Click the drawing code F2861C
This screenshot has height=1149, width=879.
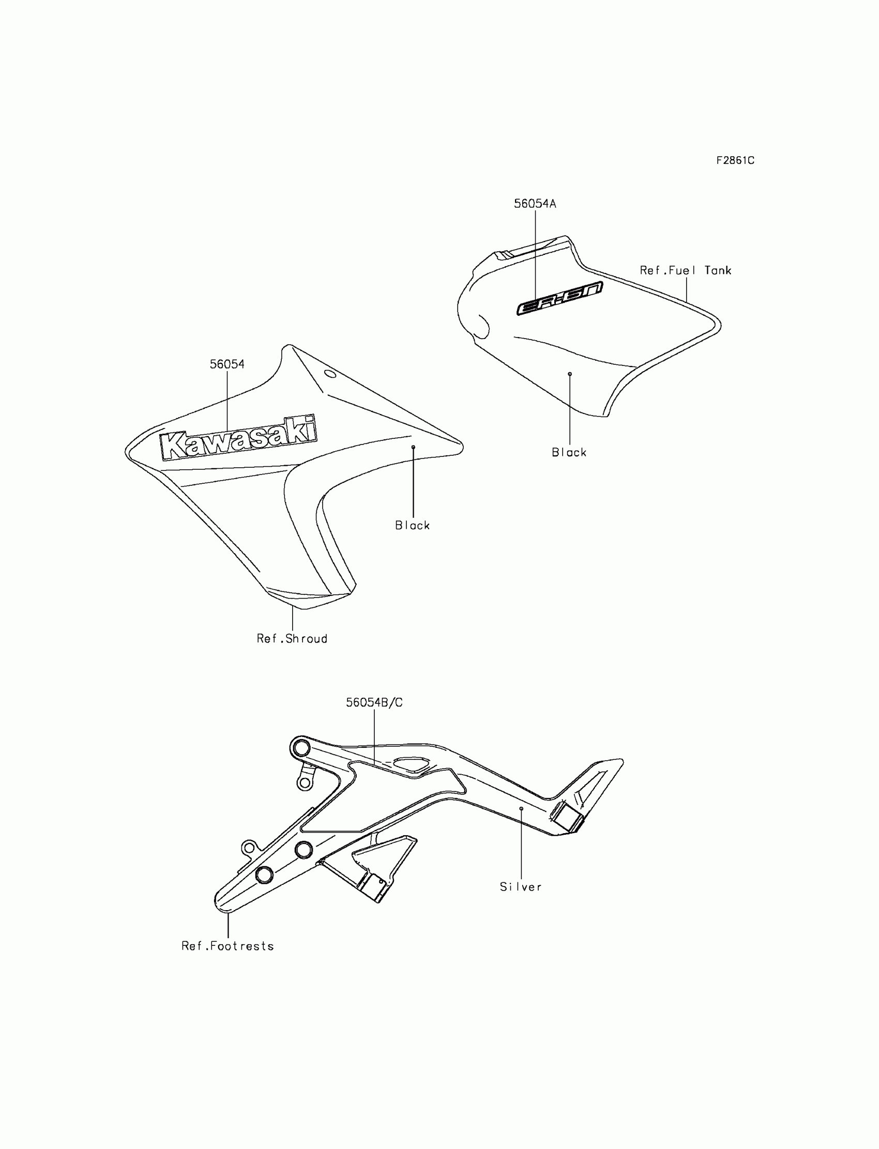point(735,161)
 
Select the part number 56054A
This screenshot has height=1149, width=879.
point(535,204)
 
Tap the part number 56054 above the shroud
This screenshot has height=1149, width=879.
point(227,364)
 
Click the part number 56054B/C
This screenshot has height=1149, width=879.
point(374,702)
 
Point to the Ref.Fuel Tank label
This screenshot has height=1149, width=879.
point(686,270)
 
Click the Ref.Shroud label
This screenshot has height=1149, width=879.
point(292,638)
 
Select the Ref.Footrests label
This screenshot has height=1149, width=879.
point(228,946)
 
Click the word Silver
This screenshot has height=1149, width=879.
point(521,887)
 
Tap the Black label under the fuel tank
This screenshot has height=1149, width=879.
point(569,452)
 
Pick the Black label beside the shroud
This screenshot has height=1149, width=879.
point(412,525)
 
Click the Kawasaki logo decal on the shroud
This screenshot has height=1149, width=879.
point(238,438)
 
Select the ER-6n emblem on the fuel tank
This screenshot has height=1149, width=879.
point(559,298)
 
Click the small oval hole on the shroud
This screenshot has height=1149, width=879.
point(331,373)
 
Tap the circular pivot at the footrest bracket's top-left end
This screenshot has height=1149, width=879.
point(301,748)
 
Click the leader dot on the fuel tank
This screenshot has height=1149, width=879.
point(570,374)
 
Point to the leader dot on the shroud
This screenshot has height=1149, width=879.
point(413,447)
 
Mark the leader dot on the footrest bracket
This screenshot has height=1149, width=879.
point(521,808)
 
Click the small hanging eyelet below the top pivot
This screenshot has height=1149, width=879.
point(304,783)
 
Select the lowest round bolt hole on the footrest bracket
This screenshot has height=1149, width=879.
point(264,875)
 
